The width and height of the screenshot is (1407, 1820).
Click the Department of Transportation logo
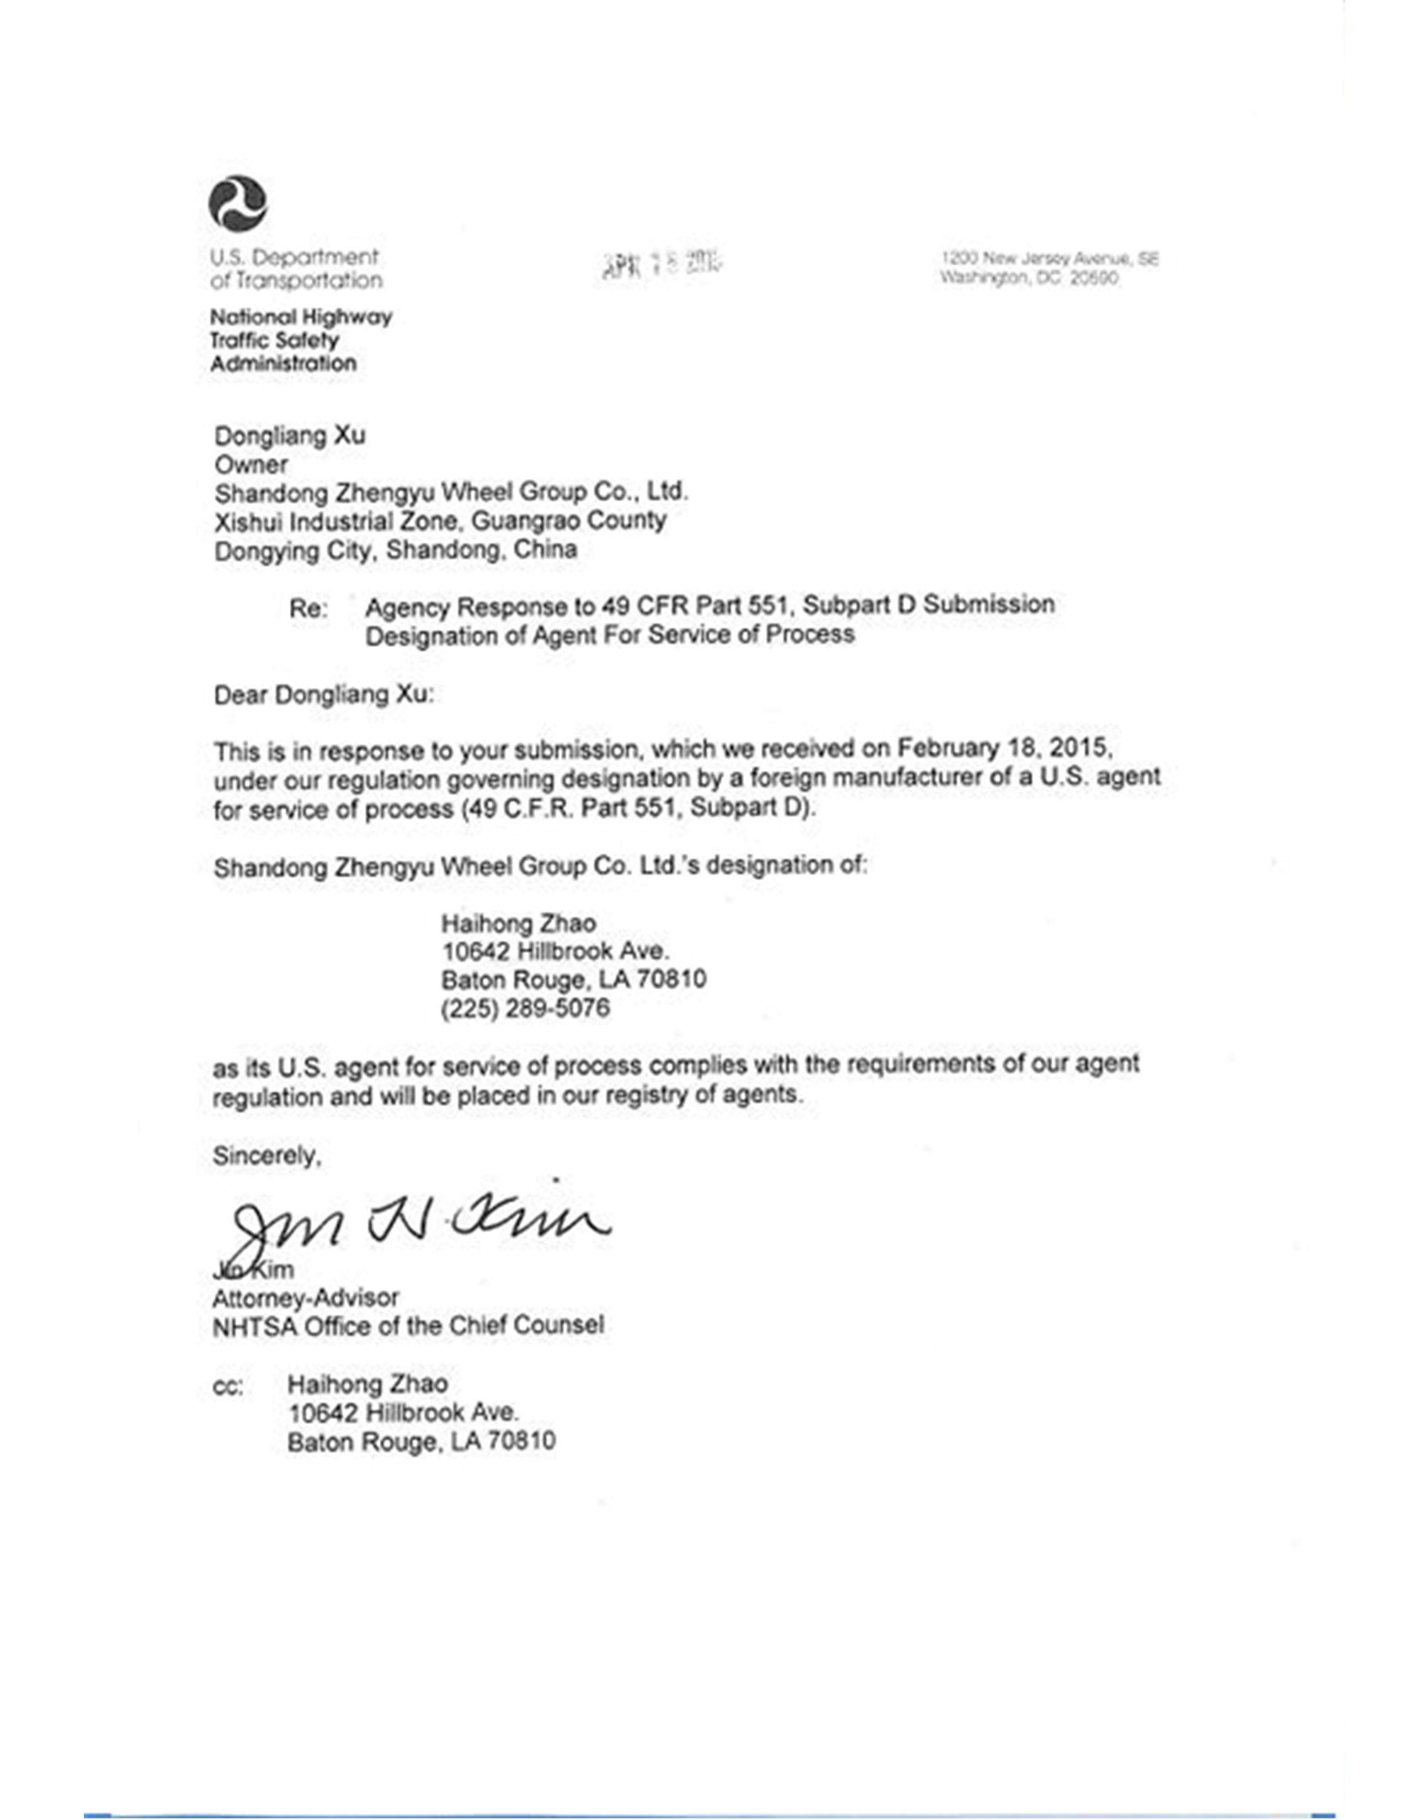(238, 204)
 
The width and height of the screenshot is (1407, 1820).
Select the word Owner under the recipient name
(251, 464)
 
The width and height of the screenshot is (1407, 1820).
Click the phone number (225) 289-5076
(525, 1008)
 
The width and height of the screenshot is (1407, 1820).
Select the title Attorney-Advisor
(305, 1298)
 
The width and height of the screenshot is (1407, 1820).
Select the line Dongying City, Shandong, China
(396, 550)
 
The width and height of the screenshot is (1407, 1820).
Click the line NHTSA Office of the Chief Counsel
(408, 1326)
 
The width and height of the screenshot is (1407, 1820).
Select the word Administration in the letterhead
(284, 363)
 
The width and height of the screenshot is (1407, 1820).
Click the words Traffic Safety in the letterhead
(274, 340)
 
